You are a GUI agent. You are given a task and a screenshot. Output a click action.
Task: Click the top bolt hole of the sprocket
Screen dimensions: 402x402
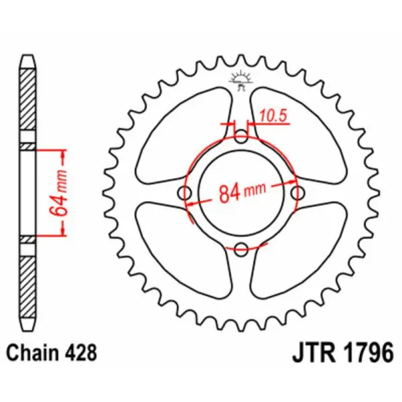click(x=241, y=138)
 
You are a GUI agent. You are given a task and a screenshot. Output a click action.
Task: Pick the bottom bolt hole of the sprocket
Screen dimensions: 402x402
click(x=241, y=249)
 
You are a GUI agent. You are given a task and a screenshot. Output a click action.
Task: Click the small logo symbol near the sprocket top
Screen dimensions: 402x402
click(x=241, y=80)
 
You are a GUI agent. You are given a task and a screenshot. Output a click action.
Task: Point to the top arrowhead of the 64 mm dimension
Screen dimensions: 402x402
click(x=65, y=155)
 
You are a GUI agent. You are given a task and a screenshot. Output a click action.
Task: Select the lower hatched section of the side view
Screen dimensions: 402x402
click(x=25, y=285)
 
